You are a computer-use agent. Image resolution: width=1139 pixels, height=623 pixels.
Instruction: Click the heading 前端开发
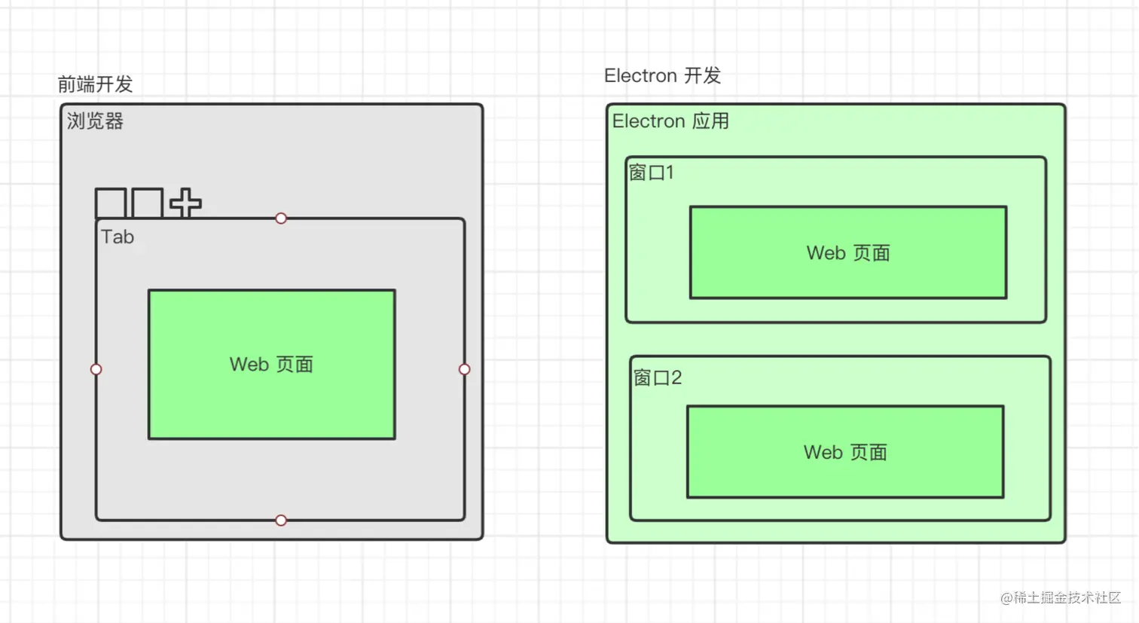pyautogui.click(x=95, y=84)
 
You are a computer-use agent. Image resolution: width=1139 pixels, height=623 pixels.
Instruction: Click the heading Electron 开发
pyautogui.click(x=662, y=76)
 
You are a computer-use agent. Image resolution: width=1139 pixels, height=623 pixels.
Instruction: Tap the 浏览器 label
pyautogui.click(x=95, y=121)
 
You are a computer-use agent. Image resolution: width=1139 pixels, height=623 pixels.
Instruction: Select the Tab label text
pyautogui.click(x=118, y=237)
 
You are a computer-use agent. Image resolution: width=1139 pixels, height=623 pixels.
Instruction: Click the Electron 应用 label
pyautogui.click(x=670, y=121)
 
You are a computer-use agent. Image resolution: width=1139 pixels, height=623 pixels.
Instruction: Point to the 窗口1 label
pyautogui.click(x=652, y=173)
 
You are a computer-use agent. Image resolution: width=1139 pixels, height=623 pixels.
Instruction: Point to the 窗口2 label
pyautogui.click(x=658, y=377)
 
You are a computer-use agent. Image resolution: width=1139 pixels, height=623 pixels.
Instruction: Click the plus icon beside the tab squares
pyautogui.click(x=185, y=203)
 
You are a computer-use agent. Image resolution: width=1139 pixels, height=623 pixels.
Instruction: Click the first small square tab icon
pyautogui.click(x=110, y=203)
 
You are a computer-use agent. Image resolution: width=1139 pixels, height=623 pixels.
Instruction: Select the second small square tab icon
pyautogui.click(x=148, y=203)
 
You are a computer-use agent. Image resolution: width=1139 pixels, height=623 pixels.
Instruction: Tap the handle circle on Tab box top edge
pyautogui.click(x=281, y=218)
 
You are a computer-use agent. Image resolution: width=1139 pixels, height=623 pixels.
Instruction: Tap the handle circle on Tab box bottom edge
pyautogui.click(x=281, y=521)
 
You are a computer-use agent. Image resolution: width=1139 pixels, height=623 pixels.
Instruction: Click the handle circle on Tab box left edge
pyautogui.click(x=96, y=369)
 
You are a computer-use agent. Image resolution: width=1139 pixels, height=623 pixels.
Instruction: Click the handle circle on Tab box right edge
pyautogui.click(x=464, y=369)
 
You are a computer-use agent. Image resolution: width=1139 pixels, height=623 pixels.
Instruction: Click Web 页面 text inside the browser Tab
pyautogui.click(x=271, y=364)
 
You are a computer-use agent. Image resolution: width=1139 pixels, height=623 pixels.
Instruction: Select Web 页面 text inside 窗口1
pyautogui.click(x=848, y=253)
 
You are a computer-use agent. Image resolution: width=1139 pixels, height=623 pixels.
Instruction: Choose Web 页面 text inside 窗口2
pyautogui.click(x=845, y=452)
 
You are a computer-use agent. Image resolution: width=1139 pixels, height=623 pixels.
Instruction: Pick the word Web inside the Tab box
pyautogui.click(x=246, y=364)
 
